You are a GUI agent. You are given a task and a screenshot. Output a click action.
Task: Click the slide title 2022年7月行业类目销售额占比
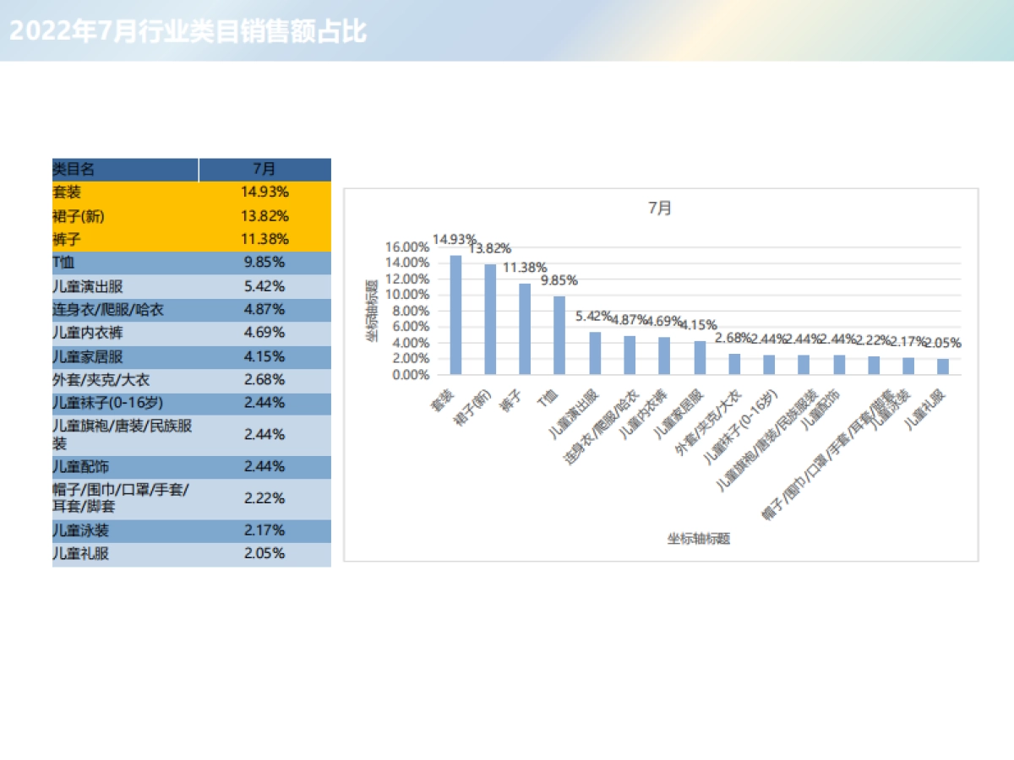click(x=188, y=32)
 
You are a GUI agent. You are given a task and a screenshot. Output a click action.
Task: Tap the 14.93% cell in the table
click(x=264, y=193)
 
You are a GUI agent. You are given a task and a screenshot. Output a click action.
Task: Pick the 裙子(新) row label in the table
click(x=79, y=216)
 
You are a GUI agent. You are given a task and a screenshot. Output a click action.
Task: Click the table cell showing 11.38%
click(x=264, y=239)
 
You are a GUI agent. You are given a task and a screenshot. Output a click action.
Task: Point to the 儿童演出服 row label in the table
click(x=88, y=286)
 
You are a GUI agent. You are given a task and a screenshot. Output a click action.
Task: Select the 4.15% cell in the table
click(x=264, y=356)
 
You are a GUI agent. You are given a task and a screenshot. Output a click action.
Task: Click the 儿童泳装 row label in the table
click(x=80, y=531)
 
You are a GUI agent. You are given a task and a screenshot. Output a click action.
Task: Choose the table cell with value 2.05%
click(x=264, y=554)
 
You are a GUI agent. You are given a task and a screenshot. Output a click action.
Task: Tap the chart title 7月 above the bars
click(x=660, y=208)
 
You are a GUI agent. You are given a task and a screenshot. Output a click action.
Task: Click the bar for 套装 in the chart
click(x=455, y=314)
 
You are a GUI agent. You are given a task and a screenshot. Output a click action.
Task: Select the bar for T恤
click(x=559, y=334)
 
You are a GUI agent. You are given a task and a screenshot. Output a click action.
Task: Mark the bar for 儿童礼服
click(x=942, y=366)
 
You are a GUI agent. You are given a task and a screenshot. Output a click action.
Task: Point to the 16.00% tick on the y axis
click(x=406, y=247)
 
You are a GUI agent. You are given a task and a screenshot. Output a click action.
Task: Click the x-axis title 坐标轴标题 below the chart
click(x=699, y=538)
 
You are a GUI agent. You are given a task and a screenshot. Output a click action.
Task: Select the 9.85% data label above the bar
click(x=559, y=280)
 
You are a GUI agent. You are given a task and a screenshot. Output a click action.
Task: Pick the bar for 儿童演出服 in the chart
click(x=595, y=352)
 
